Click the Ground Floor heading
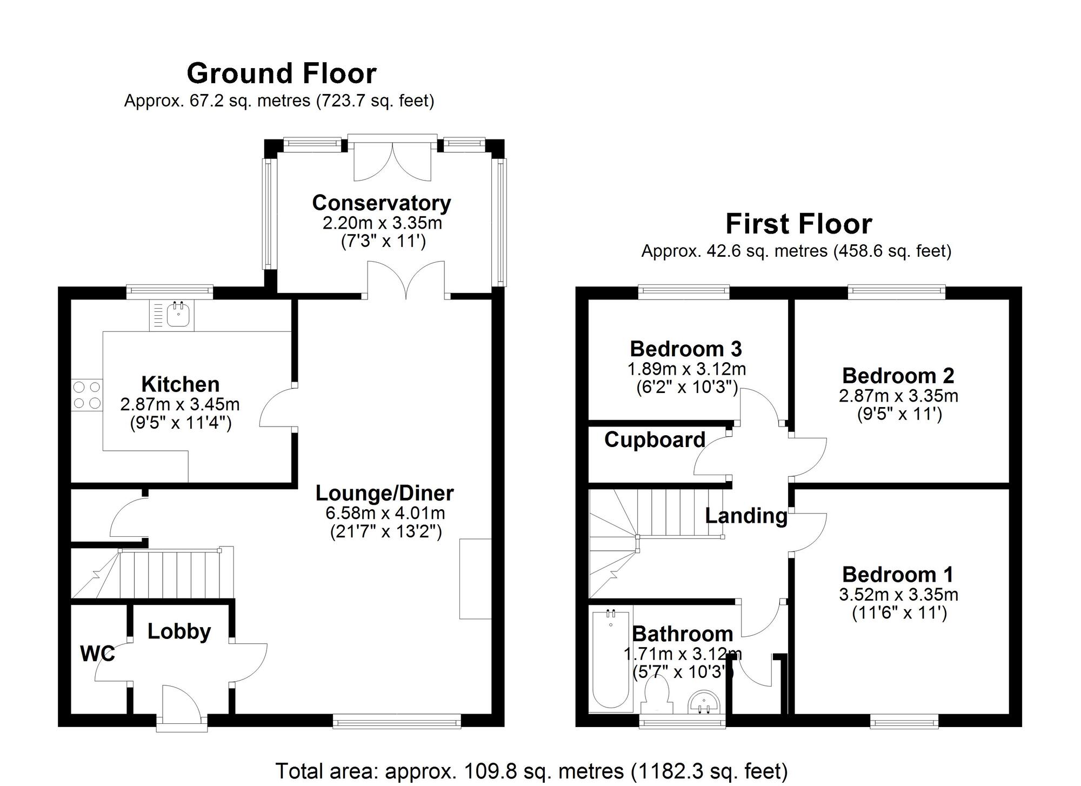coord(281,74)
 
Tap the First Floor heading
coord(798,224)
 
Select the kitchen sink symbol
coord(178,315)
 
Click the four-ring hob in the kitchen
coord(87,395)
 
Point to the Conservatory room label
coord(382,203)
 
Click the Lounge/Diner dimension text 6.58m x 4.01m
coord(385,512)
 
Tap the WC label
coord(97,654)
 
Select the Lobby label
coord(179,631)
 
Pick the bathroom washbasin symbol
coord(704,702)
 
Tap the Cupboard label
coord(655,439)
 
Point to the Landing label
coord(746,515)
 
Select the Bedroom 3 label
coord(685,349)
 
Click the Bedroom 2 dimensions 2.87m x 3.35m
coord(898,396)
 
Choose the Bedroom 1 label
coord(898,574)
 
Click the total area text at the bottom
coord(531,771)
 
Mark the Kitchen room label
coord(181,384)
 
